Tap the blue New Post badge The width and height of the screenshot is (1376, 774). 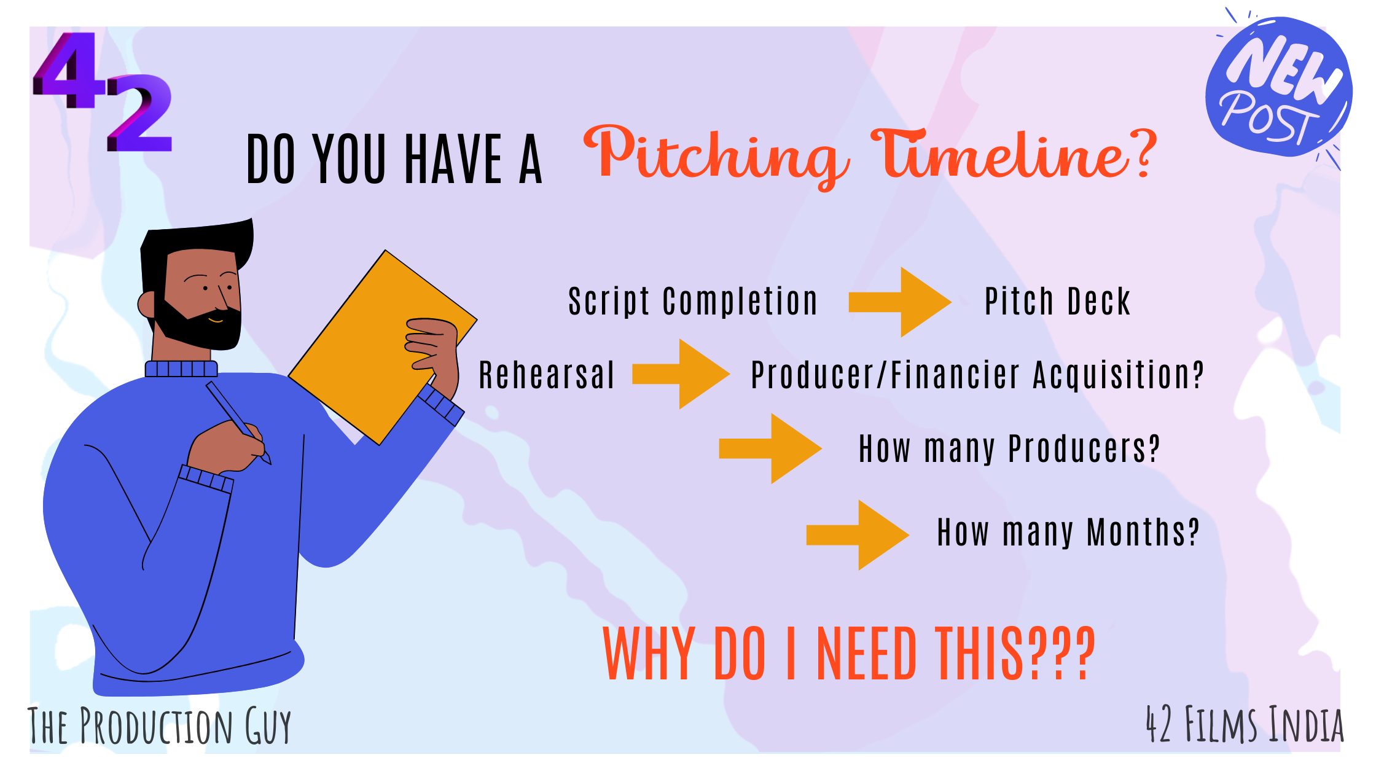pos(1278,86)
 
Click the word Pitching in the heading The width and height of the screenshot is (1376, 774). pos(716,155)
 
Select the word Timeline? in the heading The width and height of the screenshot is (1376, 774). pos(1014,155)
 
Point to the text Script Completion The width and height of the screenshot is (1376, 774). pos(693,302)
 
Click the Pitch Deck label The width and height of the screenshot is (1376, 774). pos(1057,302)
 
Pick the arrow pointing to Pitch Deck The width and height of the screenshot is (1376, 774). pos(900,302)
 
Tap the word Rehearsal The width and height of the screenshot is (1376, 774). pos(546,375)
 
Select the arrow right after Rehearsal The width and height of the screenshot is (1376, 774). pos(681,373)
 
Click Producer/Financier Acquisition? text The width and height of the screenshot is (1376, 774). pos(977,375)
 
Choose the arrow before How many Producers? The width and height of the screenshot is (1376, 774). pos(770,448)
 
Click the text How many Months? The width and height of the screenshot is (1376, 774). pos(1068,532)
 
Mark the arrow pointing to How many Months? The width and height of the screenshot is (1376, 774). pos(858,534)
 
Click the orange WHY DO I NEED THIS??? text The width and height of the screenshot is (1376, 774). pos(850,654)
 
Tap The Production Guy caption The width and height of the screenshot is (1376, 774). pos(159,726)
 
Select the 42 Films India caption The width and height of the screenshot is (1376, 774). pos(1245,725)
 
